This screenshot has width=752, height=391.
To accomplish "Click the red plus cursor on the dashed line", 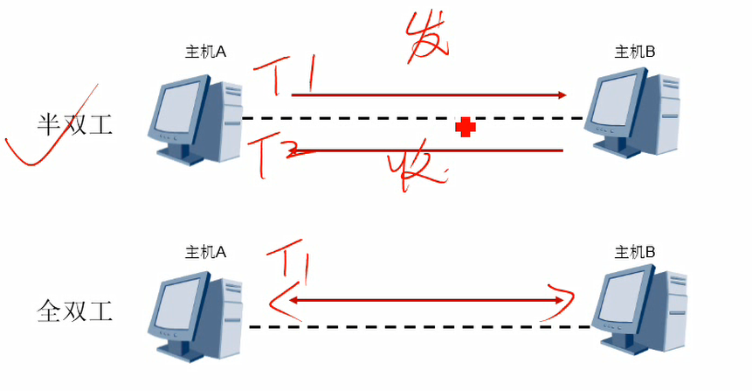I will tap(466, 128).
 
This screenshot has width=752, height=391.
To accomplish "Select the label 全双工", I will tap(75, 310).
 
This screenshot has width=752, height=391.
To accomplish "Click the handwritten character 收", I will tap(417, 167).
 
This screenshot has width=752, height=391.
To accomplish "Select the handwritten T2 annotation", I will tap(279, 154).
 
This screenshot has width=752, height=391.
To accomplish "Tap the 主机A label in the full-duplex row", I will tap(205, 252).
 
